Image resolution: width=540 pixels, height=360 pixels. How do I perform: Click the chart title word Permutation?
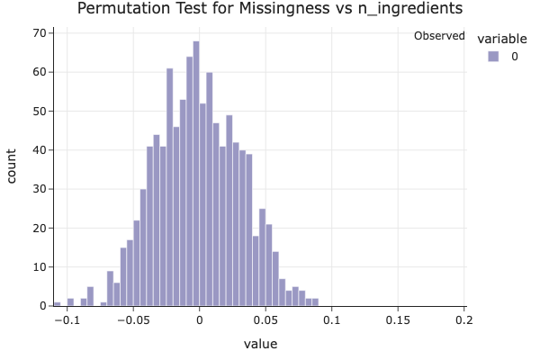[x=121, y=9]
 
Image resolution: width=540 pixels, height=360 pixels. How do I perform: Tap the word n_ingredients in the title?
[x=414, y=9]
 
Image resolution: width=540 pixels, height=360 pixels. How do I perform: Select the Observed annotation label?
[x=438, y=36]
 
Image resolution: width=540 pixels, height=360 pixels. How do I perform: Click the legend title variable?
[x=500, y=38]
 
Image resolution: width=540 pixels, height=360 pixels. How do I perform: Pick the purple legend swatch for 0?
[x=492, y=56]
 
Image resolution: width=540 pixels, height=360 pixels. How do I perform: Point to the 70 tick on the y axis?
[x=40, y=33]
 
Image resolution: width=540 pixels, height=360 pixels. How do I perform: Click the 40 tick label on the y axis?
[x=40, y=150]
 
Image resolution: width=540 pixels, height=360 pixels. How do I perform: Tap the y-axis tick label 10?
[x=40, y=267]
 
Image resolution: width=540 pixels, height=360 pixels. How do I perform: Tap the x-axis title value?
[x=261, y=344]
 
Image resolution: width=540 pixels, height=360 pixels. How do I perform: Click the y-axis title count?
[x=13, y=167]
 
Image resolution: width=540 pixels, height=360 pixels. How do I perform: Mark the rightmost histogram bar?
[x=315, y=302]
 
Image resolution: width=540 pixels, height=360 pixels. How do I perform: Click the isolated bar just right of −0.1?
[x=70, y=302]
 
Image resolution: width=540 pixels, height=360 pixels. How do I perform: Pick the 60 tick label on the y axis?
[x=40, y=72]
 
